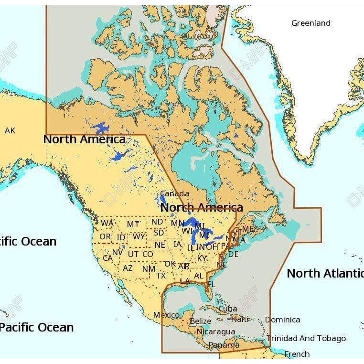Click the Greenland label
pyautogui.click(x=310, y=23)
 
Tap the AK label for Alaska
pyautogui.click(x=10, y=130)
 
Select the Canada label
pyautogui.click(x=174, y=193)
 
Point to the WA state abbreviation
pyautogui.click(x=107, y=224)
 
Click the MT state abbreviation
pyautogui.click(x=133, y=224)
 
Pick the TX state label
pyautogui.click(x=161, y=276)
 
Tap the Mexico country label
pyautogui.click(x=166, y=315)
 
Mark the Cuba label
pyautogui.click(x=227, y=309)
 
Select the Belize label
pyautogui.click(x=200, y=321)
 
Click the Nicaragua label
pyautogui.click(x=215, y=332)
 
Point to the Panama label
pyautogui.click(x=224, y=344)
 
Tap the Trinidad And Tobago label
pyautogui.click(x=306, y=338)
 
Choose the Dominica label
pyautogui.click(x=282, y=320)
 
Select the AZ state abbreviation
pyautogui.click(x=128, y=268)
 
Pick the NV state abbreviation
pyautogui.click(x=118, y=252)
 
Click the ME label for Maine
pyautogui.click(x=248, y=229)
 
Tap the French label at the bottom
pyautogui.click(x=297, y=354)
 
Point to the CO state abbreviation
pyautogui.click(x=148, y=254)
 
